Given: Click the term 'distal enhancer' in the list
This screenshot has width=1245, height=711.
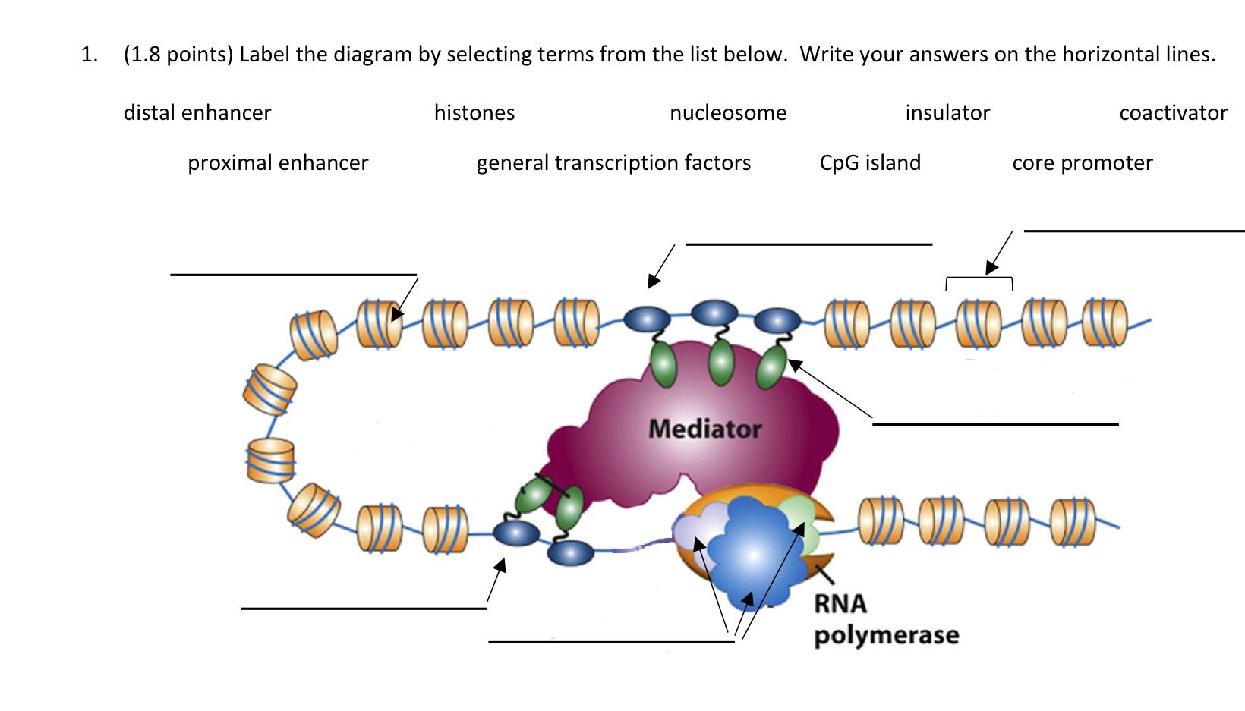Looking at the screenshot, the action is [x=197, y=113].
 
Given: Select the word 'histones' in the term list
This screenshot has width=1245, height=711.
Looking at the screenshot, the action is [x=474, y=113].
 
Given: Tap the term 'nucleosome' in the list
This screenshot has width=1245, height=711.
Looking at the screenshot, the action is [x=728, y=113].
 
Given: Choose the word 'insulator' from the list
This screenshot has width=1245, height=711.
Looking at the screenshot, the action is [x=947, y=113].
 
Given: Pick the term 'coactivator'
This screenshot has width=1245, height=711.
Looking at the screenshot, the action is [x=1174, y=113].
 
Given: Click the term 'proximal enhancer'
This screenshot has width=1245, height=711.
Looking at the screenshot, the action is [x=278, y=163].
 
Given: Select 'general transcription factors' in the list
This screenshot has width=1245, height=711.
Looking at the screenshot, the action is [x=613, y=163].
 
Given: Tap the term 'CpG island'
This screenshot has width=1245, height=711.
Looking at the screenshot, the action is [x=870, y=163].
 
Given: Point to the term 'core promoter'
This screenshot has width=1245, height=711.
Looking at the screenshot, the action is [x=1083, y=163].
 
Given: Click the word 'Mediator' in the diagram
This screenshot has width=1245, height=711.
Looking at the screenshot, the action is [x=704, y=429].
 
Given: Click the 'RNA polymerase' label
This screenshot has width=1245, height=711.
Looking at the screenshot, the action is [x=887, y=619].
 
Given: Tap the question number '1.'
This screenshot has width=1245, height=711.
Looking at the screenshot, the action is [x=90, y=55].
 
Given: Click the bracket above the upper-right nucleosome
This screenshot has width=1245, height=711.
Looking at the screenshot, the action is [x=979, y=278].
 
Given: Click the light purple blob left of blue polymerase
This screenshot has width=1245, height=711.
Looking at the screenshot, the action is [x=698, y=525].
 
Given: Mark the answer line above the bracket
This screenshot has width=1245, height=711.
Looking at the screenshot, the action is [x=1134, y=231].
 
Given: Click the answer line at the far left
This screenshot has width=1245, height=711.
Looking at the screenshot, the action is [x=294, y=275].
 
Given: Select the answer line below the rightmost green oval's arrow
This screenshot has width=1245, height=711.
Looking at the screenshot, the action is [x=995, y=424].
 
